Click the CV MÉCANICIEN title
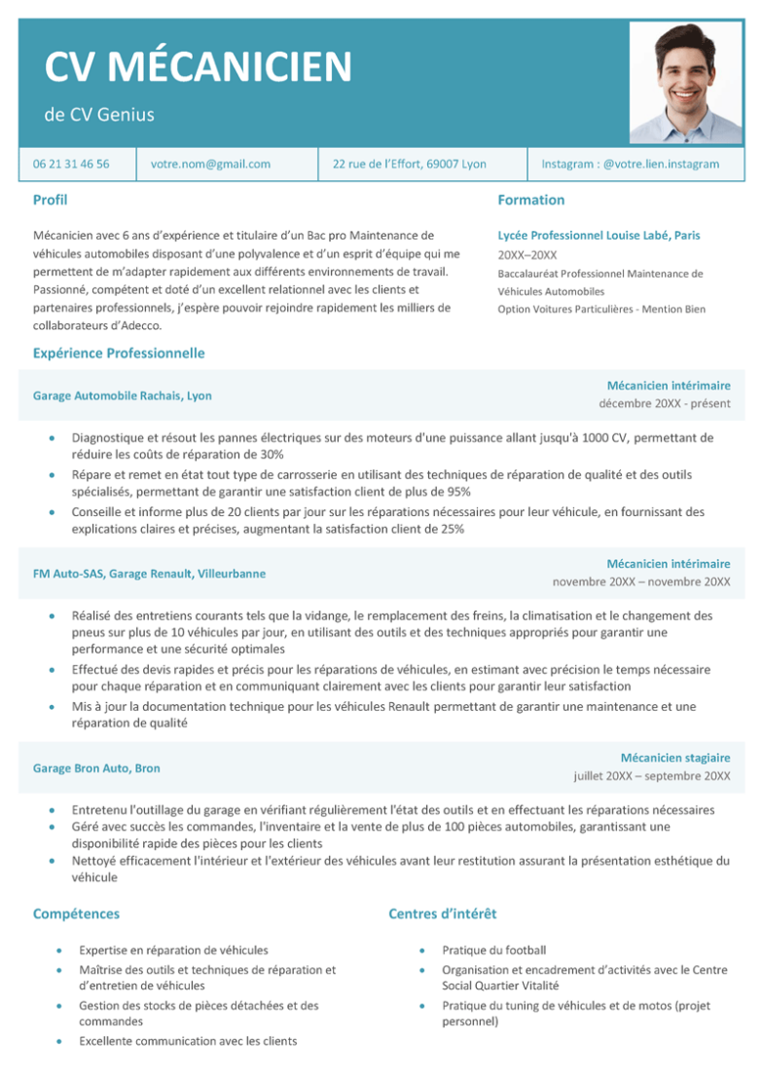(x=198, y=67)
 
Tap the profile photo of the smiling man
(x=686, y=83)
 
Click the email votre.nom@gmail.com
(x=210, y=165)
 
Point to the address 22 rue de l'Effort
(x=410, y=165)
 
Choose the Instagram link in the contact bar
(x=630, y=165)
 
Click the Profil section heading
(x=50, y=200)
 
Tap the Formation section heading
(x=530, y=200)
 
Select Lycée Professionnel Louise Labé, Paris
(x=599, y=236)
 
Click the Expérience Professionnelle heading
(x=119, y=353)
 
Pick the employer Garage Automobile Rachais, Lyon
(x=123, y=395)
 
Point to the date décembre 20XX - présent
(x=664, y=404)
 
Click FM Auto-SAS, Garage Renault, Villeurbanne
(x=149, y=574)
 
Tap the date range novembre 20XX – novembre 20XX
(x=641, y=582)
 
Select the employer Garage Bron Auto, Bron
(x=96, y=768)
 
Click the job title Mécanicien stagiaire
(x=675, y=758)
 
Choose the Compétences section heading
(x=76, y=913)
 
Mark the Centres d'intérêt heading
(x=443, y=913)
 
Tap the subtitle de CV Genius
(x=99, y=115)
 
